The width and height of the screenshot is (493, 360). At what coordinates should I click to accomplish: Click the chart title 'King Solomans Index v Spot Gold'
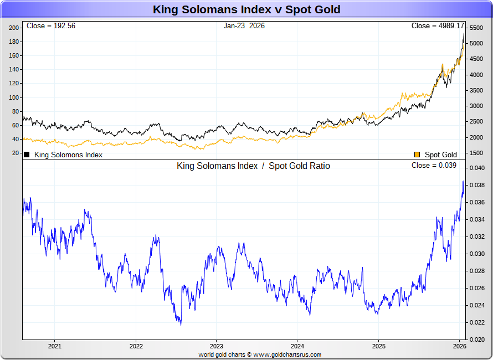click(x=247, y=9)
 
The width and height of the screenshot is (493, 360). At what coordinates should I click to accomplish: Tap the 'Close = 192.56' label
click(x=51, y=26)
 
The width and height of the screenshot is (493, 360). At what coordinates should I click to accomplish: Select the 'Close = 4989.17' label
click(x=438, y=26)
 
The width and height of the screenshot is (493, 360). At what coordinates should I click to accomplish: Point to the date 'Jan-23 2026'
click(x=244, y=26)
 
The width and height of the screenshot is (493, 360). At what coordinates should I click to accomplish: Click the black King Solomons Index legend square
click(x=27, y=155)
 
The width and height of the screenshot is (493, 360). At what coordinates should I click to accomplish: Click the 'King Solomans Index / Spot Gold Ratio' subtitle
click(x=253, y=166)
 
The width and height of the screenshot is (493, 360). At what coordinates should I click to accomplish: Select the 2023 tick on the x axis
click(x=217, y=346)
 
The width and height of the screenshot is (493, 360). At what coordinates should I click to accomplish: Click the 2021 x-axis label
click(x=55, y=346)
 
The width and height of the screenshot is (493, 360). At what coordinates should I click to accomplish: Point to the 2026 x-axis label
click(x=459, y=346)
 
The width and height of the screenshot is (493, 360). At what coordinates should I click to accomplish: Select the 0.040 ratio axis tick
click(x=477, y=168)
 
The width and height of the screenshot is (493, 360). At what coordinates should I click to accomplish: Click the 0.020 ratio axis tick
click(x=477, y=340)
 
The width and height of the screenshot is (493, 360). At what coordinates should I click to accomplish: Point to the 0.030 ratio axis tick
click(x=477, y=254)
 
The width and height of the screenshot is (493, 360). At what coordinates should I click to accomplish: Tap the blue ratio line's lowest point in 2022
click(x=181, y=325)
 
